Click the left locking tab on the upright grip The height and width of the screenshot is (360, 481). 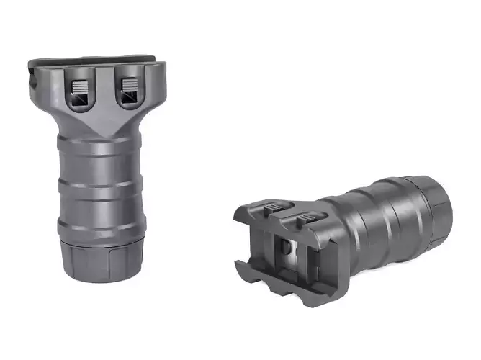[80, 91]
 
